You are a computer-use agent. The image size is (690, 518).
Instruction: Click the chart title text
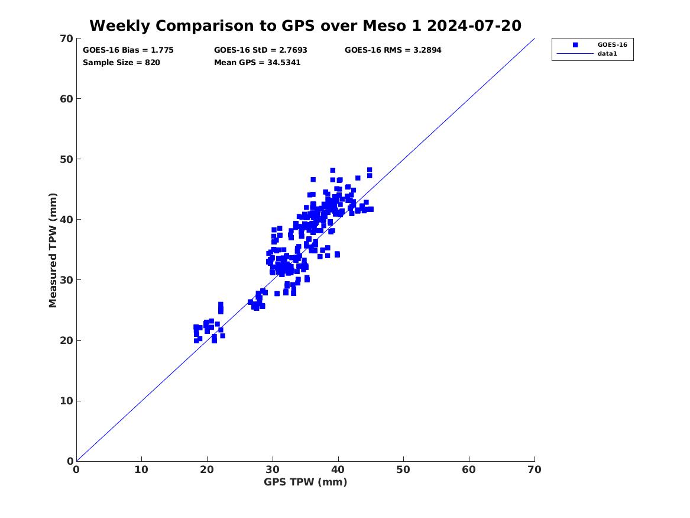click(x=305, y=25)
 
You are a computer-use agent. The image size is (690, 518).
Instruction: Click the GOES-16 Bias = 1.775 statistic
click(x=128, y=50)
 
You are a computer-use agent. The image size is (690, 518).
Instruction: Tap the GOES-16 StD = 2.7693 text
click(x=261, y=50)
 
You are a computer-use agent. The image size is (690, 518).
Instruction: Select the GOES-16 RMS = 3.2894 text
click(x=393, y=50)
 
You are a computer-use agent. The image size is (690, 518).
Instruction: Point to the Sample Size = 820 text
click(x=121, y=62)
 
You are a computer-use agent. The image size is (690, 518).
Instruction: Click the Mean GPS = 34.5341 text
click(x=257, y=62)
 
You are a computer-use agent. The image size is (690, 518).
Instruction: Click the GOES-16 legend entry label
click(x=612, y=44)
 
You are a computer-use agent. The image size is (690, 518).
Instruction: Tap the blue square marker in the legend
click(x=575, y=44)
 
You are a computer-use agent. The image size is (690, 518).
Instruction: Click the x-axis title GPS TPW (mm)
click(x=305, y=482)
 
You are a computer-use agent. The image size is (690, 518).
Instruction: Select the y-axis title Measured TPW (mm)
click(x=53, y=250)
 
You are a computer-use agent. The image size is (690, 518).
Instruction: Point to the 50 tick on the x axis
click(x=404, y=469)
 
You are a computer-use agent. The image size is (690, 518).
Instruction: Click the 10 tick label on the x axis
click(x=142, y=469)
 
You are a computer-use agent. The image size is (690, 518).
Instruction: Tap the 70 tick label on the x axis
click(x=534, y=469)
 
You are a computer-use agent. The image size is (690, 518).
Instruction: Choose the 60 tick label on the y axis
click(x=66, y=99)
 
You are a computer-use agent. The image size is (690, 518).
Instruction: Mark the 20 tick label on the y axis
click(x=66, y=340)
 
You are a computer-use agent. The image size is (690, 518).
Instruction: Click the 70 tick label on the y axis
click(x=66, y=38)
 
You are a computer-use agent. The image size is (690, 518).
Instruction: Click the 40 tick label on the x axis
click(x=338, y=469)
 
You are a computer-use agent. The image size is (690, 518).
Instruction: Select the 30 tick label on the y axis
click(x=66, y=280)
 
